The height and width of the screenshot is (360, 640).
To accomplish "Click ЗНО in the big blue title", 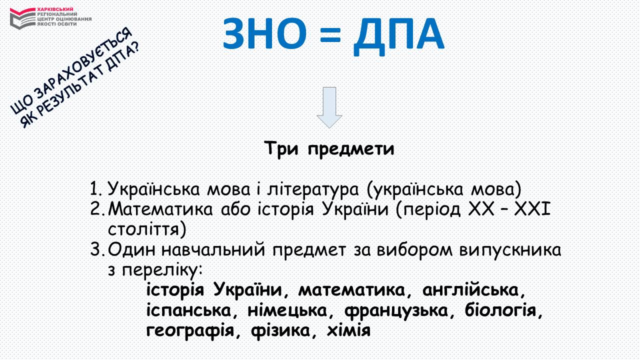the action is click(264, 33).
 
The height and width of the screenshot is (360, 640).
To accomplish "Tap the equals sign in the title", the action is click(330, 35).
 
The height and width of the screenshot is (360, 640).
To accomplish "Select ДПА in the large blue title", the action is click(398, 36).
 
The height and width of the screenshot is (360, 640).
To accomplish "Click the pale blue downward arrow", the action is click(329, 107).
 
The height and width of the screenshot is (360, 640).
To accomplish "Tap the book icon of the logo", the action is click(22, 18).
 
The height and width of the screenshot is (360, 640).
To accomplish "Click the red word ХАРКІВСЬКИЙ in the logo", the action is click(55, 9).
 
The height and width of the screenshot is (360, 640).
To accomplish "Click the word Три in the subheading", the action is click(281, 148).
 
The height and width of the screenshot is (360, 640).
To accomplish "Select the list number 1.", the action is click(95, 189).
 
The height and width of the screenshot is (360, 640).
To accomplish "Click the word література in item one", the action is click(312, 189).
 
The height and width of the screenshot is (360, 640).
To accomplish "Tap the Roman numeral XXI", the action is click(532, 209).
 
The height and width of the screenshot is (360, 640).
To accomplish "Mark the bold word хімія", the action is click(348, 330).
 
